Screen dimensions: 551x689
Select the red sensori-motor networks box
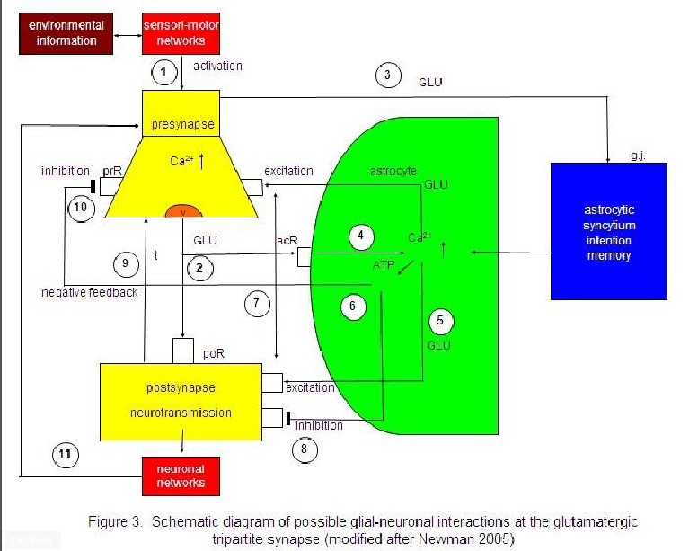point(182,33)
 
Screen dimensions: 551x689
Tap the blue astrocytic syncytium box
point(608,230)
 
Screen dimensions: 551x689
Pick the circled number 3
point(387,76)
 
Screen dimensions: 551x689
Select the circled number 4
point(360,236)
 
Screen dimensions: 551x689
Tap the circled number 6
point(353,307)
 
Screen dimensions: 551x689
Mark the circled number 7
point(257,303)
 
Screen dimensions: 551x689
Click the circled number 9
point(127,263)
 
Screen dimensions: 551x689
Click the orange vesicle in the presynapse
point(183,211)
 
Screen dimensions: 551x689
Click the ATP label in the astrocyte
point(384,267)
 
